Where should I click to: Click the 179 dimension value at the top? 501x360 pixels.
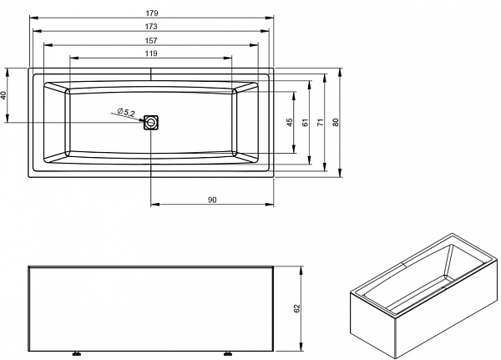point(152,13)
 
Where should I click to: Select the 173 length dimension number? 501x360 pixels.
point(151,27)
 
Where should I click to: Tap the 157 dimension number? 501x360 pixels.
point(151,41)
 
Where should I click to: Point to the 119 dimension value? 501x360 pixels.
point(151,53)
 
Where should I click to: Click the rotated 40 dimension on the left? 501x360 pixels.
point(3,95)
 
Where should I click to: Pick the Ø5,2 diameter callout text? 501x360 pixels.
point(126,112)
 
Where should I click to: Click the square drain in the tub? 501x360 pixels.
point(151,123)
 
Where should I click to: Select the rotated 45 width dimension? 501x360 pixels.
point(290,123)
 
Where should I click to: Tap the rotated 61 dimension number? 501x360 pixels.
point(306,123)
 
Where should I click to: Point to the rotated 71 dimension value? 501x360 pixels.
point(321,123)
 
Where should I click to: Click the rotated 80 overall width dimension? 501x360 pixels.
point(335,123)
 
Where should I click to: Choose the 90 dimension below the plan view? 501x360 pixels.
point(212,200)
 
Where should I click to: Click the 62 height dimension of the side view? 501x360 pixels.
point(296,308)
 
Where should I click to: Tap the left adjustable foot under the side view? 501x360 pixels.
point(76,353)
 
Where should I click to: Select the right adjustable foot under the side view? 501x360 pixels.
point(227,353)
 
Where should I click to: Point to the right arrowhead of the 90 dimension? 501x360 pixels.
point(270,205)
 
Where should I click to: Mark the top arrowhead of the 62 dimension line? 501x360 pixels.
point(301,270)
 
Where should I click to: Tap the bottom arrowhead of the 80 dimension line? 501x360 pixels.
point(340,173)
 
